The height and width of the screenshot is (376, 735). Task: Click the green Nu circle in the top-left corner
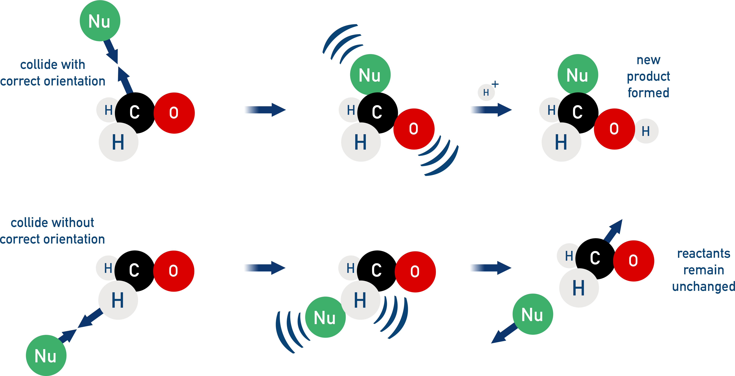100,21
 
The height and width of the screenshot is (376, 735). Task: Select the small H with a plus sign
486,92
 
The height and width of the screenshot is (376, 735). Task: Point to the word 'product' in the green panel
648,76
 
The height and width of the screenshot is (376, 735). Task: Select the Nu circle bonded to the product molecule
576,75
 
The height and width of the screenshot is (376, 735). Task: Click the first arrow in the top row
265,110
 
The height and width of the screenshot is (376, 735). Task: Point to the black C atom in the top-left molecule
135,112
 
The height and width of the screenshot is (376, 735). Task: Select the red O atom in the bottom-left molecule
173,271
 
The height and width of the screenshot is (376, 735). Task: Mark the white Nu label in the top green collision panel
370,75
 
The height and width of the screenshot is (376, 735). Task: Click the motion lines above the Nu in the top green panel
342,43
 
